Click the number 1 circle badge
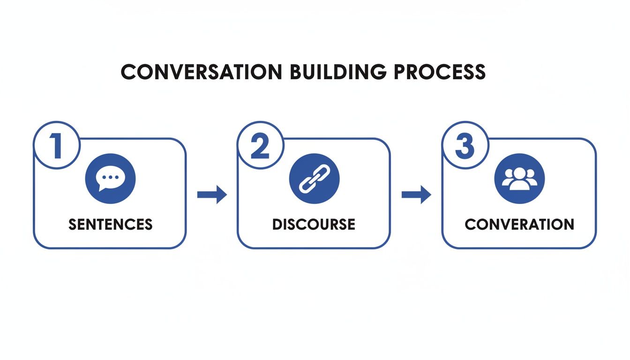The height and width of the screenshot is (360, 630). [x=56, y=145]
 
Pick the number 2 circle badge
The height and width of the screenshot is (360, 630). [x=260, y=145]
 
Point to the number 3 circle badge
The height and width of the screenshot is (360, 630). [x=465, y=145]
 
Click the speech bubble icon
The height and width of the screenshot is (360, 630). [x=110, y=179]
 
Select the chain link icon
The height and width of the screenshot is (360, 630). [x=314, y=179]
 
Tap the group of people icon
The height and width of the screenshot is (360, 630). [x=519, y=179]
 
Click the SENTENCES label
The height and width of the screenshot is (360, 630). [x=110, y=224]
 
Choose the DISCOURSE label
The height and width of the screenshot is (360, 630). [x=314, y=224]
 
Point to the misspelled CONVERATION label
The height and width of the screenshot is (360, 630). [x=519, y=224]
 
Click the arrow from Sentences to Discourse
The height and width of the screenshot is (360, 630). [x=212, y=195]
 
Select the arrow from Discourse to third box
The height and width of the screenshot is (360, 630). [x=416, y=195]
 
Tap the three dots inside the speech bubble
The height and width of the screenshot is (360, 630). [x=110, y=177]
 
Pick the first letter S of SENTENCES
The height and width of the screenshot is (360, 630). [x=73, y=224]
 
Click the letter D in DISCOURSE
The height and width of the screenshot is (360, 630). [x=277, y=224]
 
